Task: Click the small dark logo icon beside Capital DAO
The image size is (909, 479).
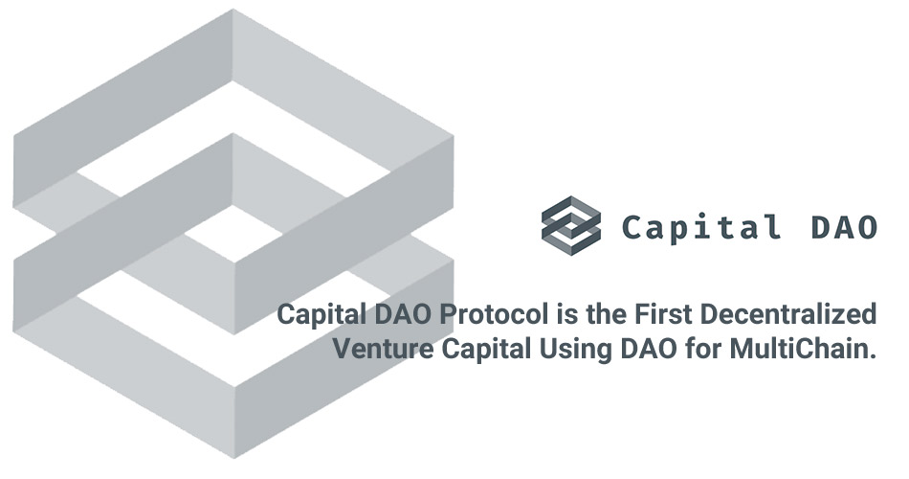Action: [571, 227]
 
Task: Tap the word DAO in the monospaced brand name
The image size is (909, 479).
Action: [842, 228]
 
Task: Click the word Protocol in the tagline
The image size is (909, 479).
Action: [464, 314]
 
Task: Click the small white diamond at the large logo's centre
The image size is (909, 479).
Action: [233, 234]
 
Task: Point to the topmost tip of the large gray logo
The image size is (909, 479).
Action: [233, 11]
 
